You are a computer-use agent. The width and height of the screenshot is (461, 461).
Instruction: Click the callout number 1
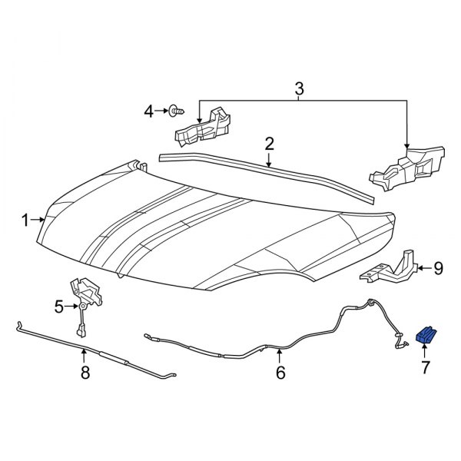point(25,221)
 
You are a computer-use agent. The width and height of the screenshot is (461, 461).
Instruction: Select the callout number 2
point(270,143)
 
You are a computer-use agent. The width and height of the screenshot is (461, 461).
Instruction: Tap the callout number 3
point(300,90)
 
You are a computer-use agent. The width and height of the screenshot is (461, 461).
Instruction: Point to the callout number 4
point(149,112)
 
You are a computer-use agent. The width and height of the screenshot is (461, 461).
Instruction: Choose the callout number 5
point(58,307)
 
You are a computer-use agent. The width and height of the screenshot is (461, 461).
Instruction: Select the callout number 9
point(438,267)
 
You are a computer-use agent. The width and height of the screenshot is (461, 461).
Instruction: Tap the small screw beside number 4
point(177,111)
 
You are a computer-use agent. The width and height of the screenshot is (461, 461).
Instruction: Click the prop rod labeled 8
point(100,353)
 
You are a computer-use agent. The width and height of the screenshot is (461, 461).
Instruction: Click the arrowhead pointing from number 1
point(45,221)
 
